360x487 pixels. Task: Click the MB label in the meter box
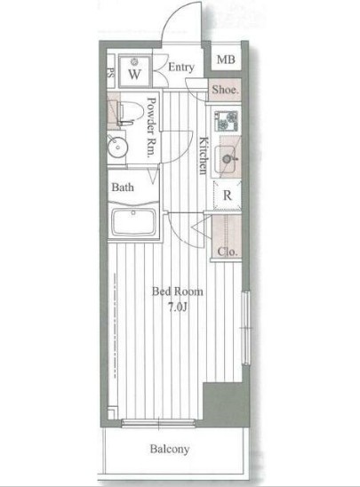[226, 59]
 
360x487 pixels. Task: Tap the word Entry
[181, 67]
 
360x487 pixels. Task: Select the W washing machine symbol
[135, 71]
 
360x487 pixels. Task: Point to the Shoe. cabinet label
[226, 90]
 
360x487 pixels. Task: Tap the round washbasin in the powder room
[117, 147]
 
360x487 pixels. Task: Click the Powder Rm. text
[152, 127]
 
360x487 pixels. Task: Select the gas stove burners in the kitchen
[227, 121]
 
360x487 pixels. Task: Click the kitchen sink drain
[227, 159]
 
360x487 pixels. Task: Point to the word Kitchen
[204, 156]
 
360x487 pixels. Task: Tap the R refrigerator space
[227, 196]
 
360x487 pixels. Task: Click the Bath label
[123, 187]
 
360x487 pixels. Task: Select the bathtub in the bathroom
[133, 222]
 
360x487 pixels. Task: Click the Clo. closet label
[227, 251]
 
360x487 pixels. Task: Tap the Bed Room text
[178, 291]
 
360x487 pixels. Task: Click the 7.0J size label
[178, 307]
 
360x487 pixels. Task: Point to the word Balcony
[170, 449]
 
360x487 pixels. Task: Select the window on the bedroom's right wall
[246, 327]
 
